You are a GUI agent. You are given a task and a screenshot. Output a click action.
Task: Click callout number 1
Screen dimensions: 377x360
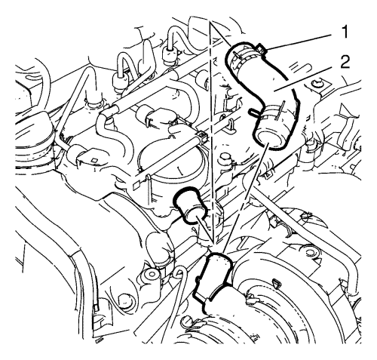coord(345,32)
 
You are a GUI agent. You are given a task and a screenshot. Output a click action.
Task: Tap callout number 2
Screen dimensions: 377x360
coord(345,62)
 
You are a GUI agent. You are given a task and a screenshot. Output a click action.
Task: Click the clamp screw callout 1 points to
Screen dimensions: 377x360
coord(262,48)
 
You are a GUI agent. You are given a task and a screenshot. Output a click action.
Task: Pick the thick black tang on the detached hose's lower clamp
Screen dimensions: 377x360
coord(254,112)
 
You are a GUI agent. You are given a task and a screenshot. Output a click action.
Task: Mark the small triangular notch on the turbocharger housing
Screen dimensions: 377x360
coord(277,284)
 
